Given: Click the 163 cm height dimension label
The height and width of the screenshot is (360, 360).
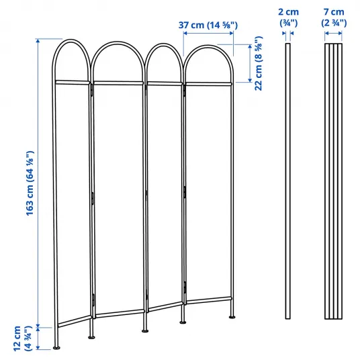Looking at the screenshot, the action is [30, 183].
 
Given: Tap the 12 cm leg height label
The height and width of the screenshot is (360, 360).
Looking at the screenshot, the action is [22, 339].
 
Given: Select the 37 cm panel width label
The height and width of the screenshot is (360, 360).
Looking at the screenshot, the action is [208, 25].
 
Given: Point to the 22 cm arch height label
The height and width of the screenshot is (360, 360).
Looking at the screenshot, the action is [259, 63].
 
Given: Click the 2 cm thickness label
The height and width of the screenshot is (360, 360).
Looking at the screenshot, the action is [288, 17].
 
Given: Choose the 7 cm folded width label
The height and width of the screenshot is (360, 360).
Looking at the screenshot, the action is [334, 17].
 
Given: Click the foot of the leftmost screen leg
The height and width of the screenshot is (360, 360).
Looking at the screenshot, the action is [56, 348].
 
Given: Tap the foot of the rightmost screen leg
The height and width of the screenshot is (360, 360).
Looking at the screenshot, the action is [232, 317].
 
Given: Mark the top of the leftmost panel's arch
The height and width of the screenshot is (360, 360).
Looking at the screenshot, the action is [71, 40].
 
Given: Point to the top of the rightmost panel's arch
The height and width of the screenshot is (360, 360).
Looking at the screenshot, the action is [208, 46].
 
